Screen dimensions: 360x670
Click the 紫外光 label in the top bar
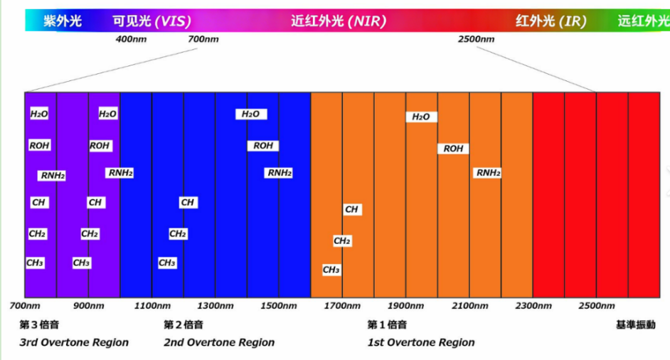coord(63,21)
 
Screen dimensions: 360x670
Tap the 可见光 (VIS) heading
coord(151,21)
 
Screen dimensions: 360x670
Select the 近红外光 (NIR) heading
coord(339,21)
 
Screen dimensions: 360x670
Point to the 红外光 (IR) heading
coord(551,21)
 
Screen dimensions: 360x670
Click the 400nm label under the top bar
coord(131,38)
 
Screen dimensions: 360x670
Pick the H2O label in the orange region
coord(421,117)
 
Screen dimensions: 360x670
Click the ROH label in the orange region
coord(453,149)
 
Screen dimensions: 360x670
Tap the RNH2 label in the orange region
coord(488,172)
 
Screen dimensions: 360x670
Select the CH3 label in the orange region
coord(331,270)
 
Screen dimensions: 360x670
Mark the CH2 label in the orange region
coord(342,241)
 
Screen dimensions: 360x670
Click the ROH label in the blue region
coord(263,146)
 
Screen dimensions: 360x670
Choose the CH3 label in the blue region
coord(166,263)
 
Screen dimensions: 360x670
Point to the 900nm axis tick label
coord(88,306)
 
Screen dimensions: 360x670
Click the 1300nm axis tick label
coord(216,306)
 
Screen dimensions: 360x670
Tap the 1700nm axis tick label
coord(343,306)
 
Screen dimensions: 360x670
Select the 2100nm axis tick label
coord(470,306)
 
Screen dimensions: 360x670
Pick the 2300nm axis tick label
coord(533,306)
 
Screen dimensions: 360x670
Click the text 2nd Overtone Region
coord(219,342)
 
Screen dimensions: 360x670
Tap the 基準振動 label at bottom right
coord(635,325)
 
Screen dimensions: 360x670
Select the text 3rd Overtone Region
coord(74,342)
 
